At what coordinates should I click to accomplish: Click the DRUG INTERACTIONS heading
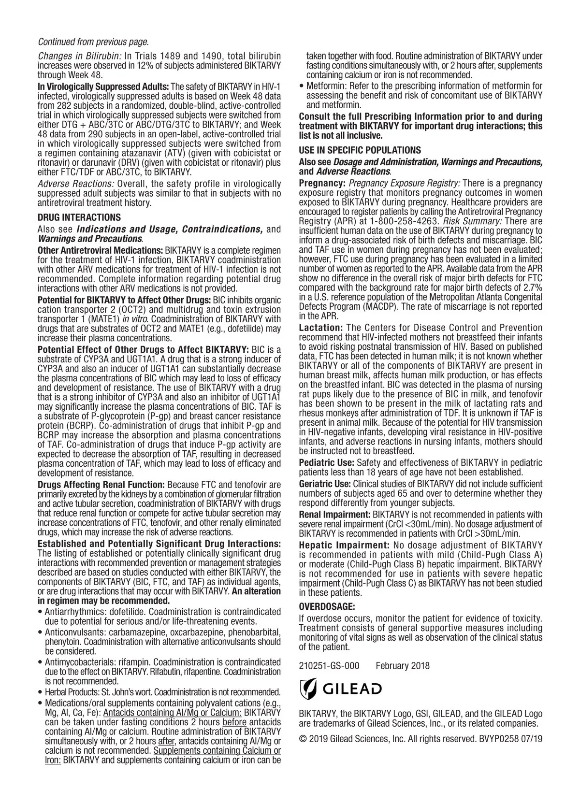pos(79,217)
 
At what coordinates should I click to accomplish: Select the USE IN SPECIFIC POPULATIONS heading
pos(360,150)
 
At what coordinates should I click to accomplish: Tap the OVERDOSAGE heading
pos(327,606)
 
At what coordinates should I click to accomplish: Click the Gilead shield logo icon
pos(308,689)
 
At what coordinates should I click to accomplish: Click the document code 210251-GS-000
pos(329,666)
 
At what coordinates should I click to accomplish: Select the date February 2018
pos(402,666)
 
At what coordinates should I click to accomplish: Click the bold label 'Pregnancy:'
pos(322,183)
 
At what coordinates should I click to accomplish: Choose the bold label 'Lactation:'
pos(321,328)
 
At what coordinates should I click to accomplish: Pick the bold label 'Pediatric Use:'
pos(327,462)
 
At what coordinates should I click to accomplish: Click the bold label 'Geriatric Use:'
pos(325,484)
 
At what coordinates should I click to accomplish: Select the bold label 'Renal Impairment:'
pos(334,515)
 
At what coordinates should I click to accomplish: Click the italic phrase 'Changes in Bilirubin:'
pos(79,55)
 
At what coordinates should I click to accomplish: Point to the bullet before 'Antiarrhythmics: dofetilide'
pos(40,612)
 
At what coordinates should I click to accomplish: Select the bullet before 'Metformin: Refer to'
pos(302,86)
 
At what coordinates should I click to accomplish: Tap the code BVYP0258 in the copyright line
pos(498,738)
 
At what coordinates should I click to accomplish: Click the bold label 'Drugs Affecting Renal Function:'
pos(101,485)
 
